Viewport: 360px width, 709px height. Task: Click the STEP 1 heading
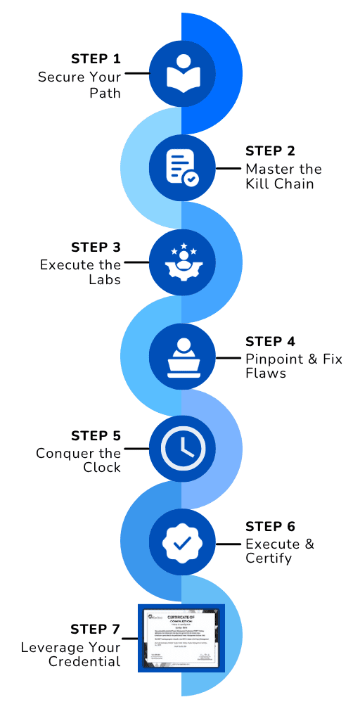point(96,58)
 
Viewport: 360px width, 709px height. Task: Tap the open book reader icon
point(181,74)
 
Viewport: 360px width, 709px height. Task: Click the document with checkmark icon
point(181,167)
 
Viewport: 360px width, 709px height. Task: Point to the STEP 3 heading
point(96,248)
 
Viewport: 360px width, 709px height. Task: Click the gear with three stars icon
point(181,262)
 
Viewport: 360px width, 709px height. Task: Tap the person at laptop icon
point(181,356)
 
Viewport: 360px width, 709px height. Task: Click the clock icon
point(181,449)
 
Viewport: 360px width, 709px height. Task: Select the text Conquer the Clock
point(79,461)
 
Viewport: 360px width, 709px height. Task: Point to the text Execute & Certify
point(279,551)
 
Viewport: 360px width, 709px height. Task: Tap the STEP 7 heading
point(96,629)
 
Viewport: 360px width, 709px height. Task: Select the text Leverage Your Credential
point(70,654)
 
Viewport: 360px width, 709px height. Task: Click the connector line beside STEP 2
point(226,168)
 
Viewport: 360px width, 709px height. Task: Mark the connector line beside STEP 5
point(136,449)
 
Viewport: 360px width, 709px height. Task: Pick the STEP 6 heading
point(270,527)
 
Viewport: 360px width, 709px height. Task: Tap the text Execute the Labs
point(80,272)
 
